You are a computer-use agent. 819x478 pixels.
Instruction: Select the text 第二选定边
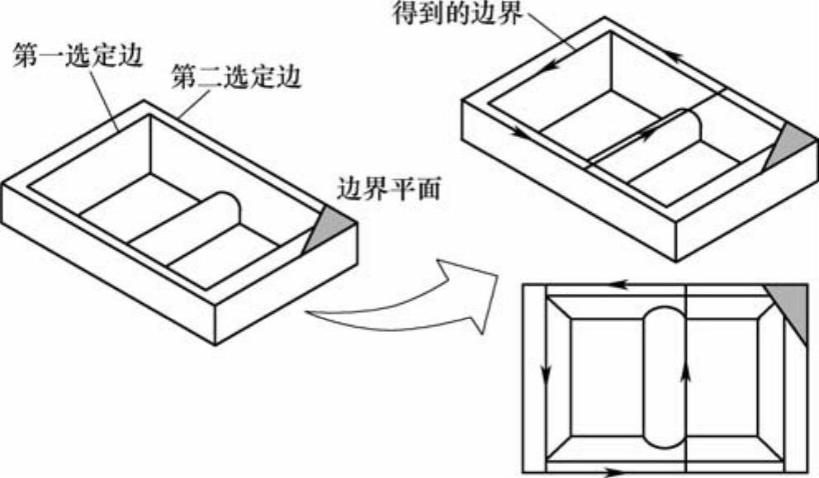click(x=234, y=78)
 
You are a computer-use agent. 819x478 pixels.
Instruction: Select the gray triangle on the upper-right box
click(x=786, y=144)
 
